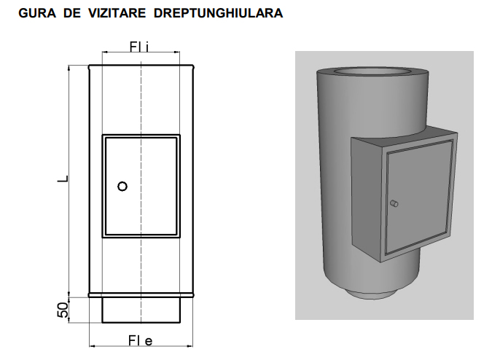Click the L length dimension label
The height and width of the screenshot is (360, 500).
tap(62, 177)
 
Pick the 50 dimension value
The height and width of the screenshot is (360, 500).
tap(63, 309)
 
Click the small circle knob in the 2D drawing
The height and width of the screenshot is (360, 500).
tap(122, 186)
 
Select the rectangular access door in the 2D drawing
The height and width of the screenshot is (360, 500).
tap(141, 186)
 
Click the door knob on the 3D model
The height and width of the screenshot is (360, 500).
tap(394, 203)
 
